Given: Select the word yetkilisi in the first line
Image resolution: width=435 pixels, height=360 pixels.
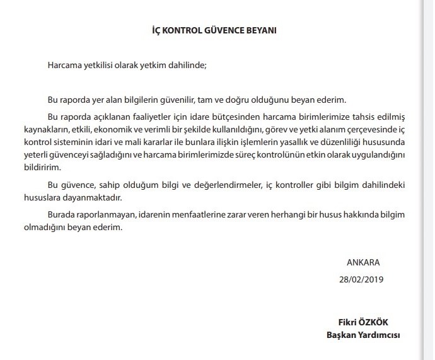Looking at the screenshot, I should click(101, 65).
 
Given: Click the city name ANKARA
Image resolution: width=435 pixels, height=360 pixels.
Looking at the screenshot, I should click(363, 262).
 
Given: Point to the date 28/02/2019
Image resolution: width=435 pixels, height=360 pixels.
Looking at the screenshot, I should click(361, 279).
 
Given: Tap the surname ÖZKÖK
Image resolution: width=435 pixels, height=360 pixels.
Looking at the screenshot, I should click(383, 322).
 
